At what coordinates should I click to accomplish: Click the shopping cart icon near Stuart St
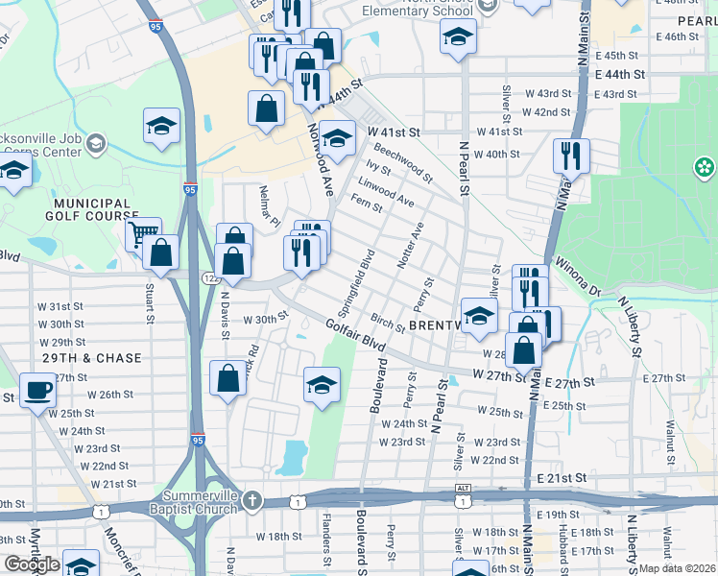click(142, 233)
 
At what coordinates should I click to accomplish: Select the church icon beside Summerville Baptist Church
click(251, 499)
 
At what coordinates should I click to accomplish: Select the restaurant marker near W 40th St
click(571, 155)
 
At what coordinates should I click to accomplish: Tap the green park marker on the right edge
click(706, 168)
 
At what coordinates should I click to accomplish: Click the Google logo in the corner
click(31, 564)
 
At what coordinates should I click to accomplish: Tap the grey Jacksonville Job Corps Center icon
click(95, 144)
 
